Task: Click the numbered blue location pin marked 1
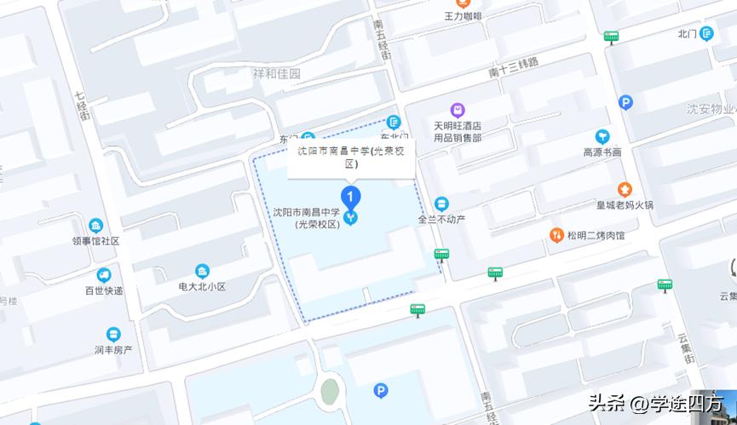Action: click(x=350, y=196)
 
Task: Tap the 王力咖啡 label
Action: click(x=463, y=16)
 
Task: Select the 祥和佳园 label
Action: click(x=277, y=74)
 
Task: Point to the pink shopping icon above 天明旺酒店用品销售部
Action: click(x=458, y=110)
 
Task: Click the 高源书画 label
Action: click(x=602, y=152)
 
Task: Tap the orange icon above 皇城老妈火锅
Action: click(x=625, y=189)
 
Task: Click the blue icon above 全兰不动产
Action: click(x=441, y=204)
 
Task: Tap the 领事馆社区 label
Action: click(x=96, y=241)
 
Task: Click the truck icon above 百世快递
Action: click(x=104, y=275)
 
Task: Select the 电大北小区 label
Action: click(x=202, y=287)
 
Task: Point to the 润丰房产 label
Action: click(x=113, y=349)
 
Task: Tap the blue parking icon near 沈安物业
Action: click(x=625, y=103)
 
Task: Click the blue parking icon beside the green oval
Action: click(x=381, y=391)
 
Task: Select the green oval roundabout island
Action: click(x=330, y=391)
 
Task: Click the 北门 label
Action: click(x=688, y=33)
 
